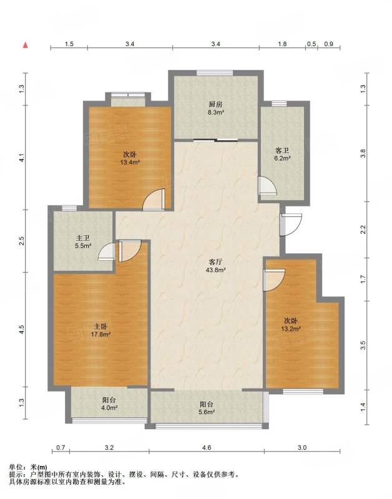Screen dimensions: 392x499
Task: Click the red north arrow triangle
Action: [x=26, y=45]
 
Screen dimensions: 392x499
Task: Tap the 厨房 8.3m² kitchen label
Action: [x=216, y=108]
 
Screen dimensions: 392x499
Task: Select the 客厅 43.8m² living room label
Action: [x=215, y=266]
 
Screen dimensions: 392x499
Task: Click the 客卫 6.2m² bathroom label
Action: [x=282, y=153]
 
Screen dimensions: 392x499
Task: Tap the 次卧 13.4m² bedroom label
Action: [x=130, y=158]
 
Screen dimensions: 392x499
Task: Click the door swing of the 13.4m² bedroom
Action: [x=154, y=200]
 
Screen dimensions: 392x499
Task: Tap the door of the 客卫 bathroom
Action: [x=268, y=185]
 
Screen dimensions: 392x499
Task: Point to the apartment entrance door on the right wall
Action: [x=291, y=225]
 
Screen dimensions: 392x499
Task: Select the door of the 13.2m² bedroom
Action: [x=274, y=280]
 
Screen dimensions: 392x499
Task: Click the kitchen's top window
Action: [x=214, y=72]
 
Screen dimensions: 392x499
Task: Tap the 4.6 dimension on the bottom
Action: [x=207, y=447]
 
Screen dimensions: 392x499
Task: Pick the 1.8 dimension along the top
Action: [x=282, y=44]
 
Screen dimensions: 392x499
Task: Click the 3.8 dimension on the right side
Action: [x=363, y=153]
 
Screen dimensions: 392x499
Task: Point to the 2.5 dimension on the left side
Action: [x=21, y=241]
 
